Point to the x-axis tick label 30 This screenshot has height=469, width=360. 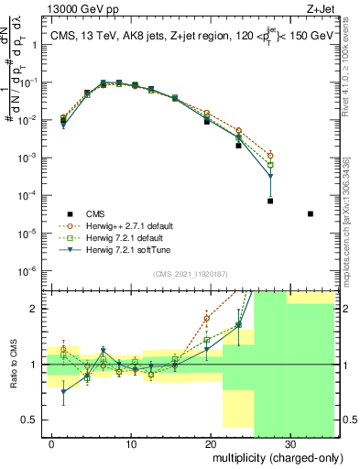click(289, 445)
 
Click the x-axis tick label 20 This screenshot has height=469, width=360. click(211, 445)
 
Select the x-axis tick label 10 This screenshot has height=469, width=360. click(132, 445)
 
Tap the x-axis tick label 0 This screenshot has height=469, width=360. click(53, 445)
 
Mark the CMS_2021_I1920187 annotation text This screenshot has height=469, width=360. click(190, 275)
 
